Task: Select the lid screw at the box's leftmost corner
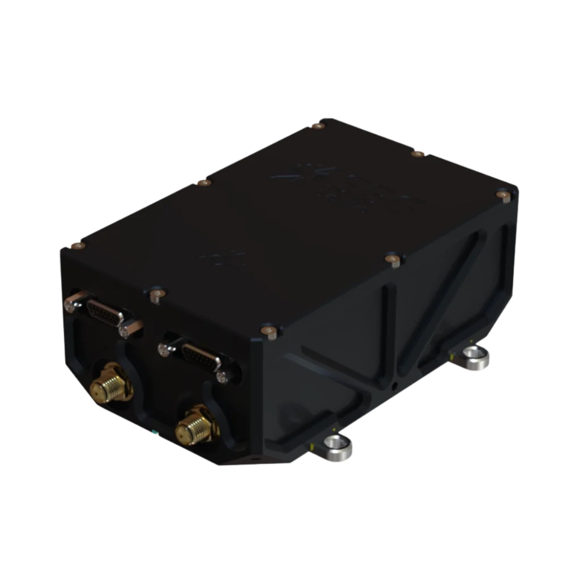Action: tap(75, 245)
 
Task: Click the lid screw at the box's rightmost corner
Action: tap(502, 195)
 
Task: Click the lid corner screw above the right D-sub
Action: tap(268, 331)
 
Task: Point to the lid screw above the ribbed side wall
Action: tap(391, 259)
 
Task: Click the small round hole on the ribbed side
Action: tap(395, 386)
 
